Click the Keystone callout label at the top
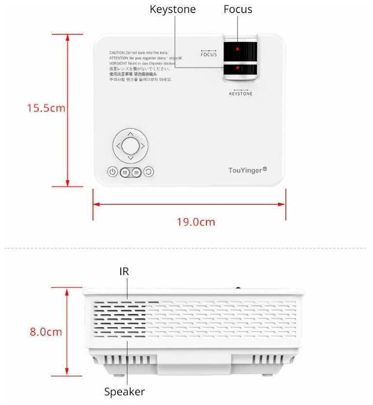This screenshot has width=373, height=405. (172, 10)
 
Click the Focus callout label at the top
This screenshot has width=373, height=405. (238, 10)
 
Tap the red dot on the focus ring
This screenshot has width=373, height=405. (237, 49)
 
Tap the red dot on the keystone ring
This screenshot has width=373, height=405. (237, 68)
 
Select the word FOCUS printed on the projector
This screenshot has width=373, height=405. (209, 54)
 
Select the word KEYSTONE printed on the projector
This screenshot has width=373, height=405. (240, 93)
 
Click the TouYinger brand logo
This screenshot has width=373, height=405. (248, 170)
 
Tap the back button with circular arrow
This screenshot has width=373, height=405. (148, 171)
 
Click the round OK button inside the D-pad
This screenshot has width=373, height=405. (130, 145)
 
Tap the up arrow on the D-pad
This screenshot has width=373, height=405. (130, 133)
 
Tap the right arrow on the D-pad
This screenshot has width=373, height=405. (143, 145)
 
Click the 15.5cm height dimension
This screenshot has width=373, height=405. (46, 108)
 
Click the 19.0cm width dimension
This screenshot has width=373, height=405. (195, 222)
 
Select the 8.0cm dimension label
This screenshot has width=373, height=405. (46, 332)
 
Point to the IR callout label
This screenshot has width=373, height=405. (124, 271)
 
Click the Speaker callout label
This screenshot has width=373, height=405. (124, 391)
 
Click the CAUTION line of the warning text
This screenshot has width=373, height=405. (139, 52)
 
